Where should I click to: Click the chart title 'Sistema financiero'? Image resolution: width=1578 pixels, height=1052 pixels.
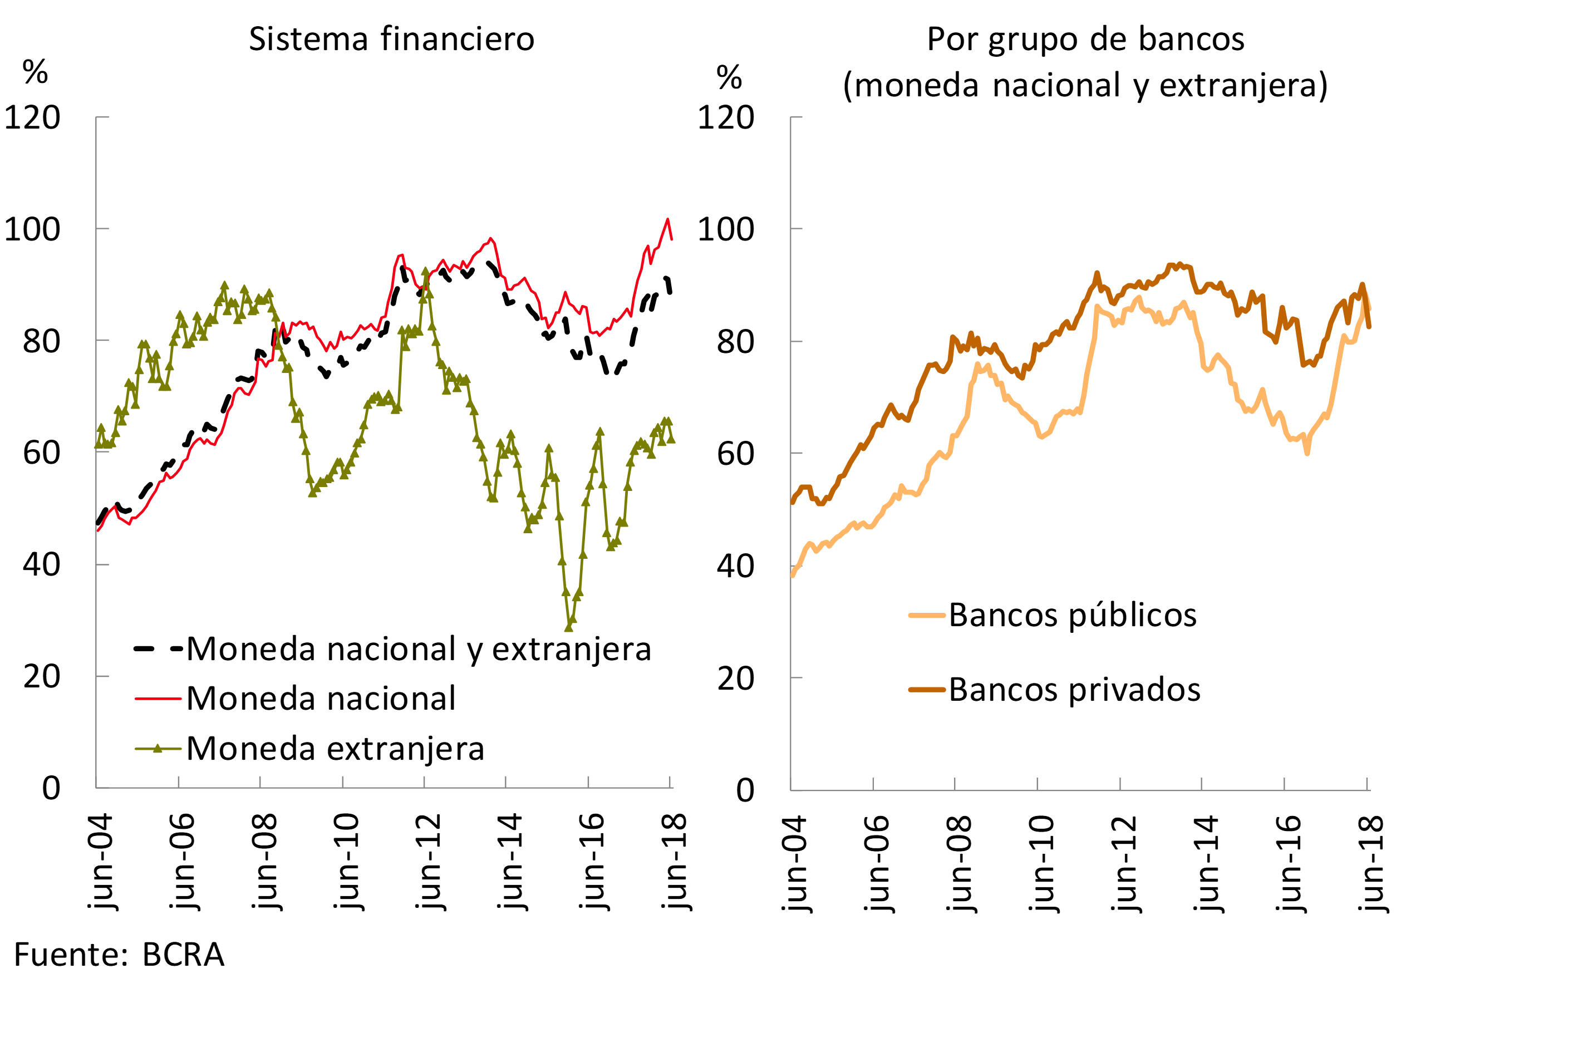(x=392, y=39)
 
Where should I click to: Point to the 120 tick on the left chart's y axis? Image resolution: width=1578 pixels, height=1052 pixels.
(x=32, y=118)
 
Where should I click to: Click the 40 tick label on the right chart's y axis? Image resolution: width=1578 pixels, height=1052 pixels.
(x=735, y=566)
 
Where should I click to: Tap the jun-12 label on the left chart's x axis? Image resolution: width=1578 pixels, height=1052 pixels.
(x=428, y=862)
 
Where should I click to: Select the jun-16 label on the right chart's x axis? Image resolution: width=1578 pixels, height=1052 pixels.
(x=1288, y=863)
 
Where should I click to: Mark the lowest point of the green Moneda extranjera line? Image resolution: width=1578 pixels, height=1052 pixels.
(x=569, y=627)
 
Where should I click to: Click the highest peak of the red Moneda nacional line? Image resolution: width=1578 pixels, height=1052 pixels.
(x=667, y=219)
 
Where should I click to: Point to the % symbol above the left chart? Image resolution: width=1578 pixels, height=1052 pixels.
(x=35, y=71)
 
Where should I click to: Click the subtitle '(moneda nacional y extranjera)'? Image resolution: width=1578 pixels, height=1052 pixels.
(x=1085, y=86)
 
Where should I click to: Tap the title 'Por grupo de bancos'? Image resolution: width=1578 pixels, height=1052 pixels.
(x=1085, y=39)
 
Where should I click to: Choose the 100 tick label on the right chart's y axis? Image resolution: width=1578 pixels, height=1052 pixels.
(x=726, y=229)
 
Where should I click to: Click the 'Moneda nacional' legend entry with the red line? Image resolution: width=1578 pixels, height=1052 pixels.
(x=321, y=699)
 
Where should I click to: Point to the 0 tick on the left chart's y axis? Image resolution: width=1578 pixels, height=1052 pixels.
(x=51, y=788)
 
